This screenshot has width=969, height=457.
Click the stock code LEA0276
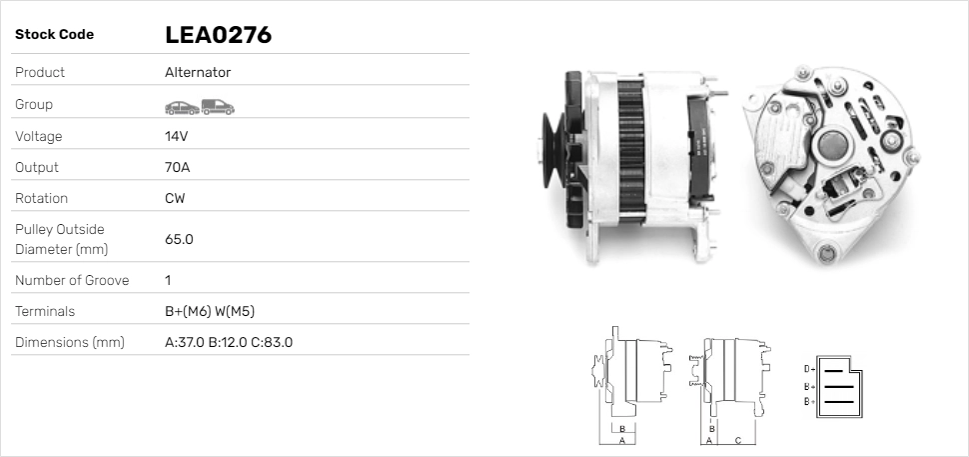(218, 35)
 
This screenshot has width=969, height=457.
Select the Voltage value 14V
(176, 136)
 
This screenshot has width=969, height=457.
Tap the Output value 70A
(177, 167)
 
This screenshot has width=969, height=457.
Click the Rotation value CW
(175, 198)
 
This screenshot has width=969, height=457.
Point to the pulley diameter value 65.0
(179, 239)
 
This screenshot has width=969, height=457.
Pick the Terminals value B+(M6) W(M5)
(216, 311)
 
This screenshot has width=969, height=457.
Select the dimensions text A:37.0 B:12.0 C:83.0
(228, 342)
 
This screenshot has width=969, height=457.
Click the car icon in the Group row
(181, 106)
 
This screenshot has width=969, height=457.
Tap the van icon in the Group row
(217, 106)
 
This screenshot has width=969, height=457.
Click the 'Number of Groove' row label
(72, 280)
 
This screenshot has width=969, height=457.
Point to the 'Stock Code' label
(54, 34)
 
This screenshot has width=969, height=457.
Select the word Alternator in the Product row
(198, 72)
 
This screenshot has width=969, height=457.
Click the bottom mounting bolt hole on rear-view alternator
(825, 253)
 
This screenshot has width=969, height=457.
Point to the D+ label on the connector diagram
(809, 369)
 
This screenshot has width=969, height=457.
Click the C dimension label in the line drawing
(737, 440)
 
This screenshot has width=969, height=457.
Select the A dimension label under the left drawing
(621, 440)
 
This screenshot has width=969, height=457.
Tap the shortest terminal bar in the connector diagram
(834, 369)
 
